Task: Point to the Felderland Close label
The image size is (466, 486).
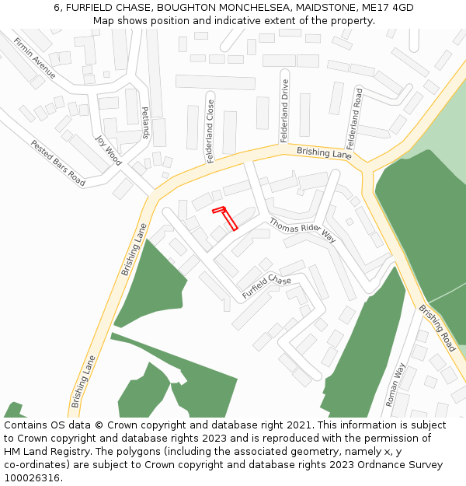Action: coord(210,131)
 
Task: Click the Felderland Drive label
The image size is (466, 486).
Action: coord(284,117)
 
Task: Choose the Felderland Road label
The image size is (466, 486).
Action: coord(355,118)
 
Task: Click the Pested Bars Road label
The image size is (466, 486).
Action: coord(57,163)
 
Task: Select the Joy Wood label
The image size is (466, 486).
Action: coord(108,151)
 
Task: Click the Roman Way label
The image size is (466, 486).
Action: coord(395,384)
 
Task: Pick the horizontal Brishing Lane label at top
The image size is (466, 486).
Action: coord(324,153)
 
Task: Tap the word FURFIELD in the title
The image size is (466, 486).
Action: coord(90,8)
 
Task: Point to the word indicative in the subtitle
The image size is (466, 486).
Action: coord(231,20)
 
